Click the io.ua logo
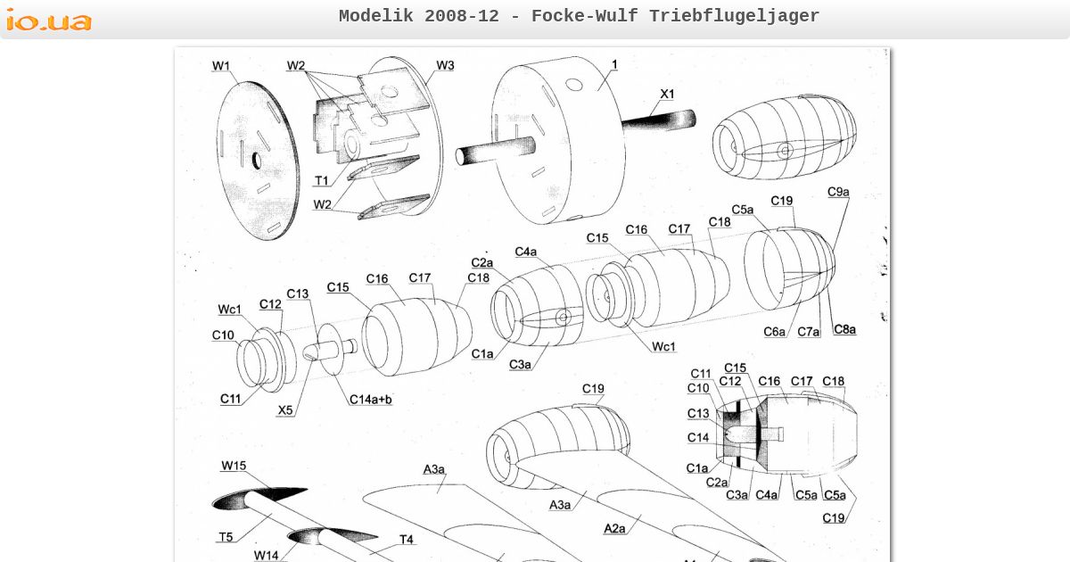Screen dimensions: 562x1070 click(x=49, y=20)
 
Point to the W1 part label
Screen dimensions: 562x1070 click(x=220, y=66)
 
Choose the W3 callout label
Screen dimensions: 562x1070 click(x=445, y=65)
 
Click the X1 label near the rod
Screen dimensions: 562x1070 click(x=667, y=94)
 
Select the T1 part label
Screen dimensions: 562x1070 click(x=322, y=180)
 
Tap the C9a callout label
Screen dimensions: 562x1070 click(x=838, y=192)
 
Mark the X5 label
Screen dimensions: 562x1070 click(x=285, y=410)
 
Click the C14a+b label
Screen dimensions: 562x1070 click(x=370, y=400)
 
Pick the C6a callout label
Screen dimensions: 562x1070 click(x=774, y=332)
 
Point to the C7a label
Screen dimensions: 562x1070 click(x=808, y=332)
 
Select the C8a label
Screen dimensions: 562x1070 click(x=844, y=329)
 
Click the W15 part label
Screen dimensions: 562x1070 click(x=234, y=466)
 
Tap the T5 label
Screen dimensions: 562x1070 click(x=226, y=536)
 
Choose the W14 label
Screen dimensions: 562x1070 click(x=266, y=555)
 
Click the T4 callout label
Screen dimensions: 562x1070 click(x=406, y=539)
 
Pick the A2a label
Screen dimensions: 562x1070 click(x=614, y=528)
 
